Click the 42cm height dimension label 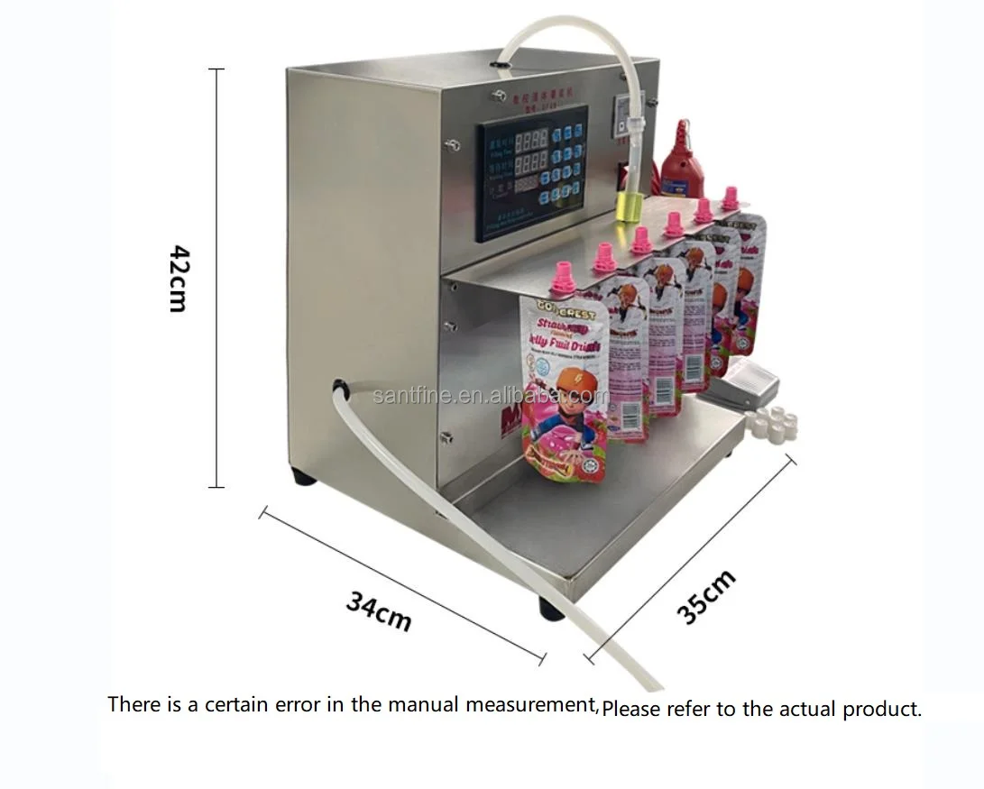[x=178, y=278]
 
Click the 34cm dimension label [x=379, y=610]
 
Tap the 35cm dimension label [x=706, y=596]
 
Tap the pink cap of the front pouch [x=563, y=277]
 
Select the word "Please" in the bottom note [x=630, y=710]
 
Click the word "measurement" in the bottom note [x=530, y=704]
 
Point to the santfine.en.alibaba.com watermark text [x=492, y=395]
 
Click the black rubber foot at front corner [x=550, y=609]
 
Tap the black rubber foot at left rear [x=303, y=476]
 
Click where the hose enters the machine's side [x=340, y=388]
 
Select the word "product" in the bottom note [x=881, y=710]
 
